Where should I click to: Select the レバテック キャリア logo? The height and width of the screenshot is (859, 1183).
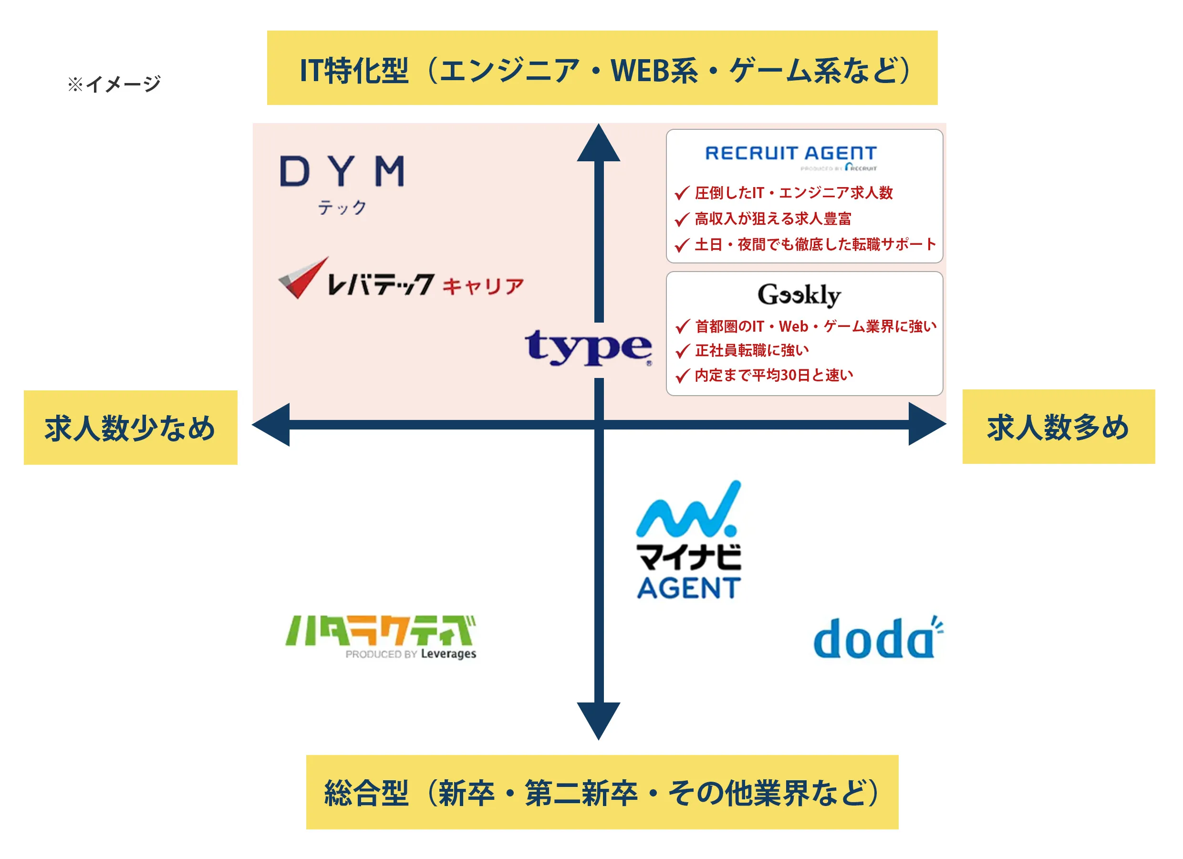(x=401, y=280)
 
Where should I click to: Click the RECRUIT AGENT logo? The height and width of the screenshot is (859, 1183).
(x=791, y=156)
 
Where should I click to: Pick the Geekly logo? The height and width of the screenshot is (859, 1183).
(x=799, y=295)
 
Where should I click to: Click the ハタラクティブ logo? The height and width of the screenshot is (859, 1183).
(x=381, y=637)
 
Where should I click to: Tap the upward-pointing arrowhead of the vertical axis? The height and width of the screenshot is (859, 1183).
(x=599, y=144)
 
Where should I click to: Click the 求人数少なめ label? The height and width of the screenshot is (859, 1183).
(x=130, y=428)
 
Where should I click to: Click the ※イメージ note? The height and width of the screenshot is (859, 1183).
(x=114, y=84)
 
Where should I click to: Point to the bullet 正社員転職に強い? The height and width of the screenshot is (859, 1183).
(x=752, y=351)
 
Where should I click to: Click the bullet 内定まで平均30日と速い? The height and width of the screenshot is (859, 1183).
(x=774, y=375)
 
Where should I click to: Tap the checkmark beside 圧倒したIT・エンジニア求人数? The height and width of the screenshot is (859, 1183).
(x=682, y=194)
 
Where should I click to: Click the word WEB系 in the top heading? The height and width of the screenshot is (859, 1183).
(x=654, y=71)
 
